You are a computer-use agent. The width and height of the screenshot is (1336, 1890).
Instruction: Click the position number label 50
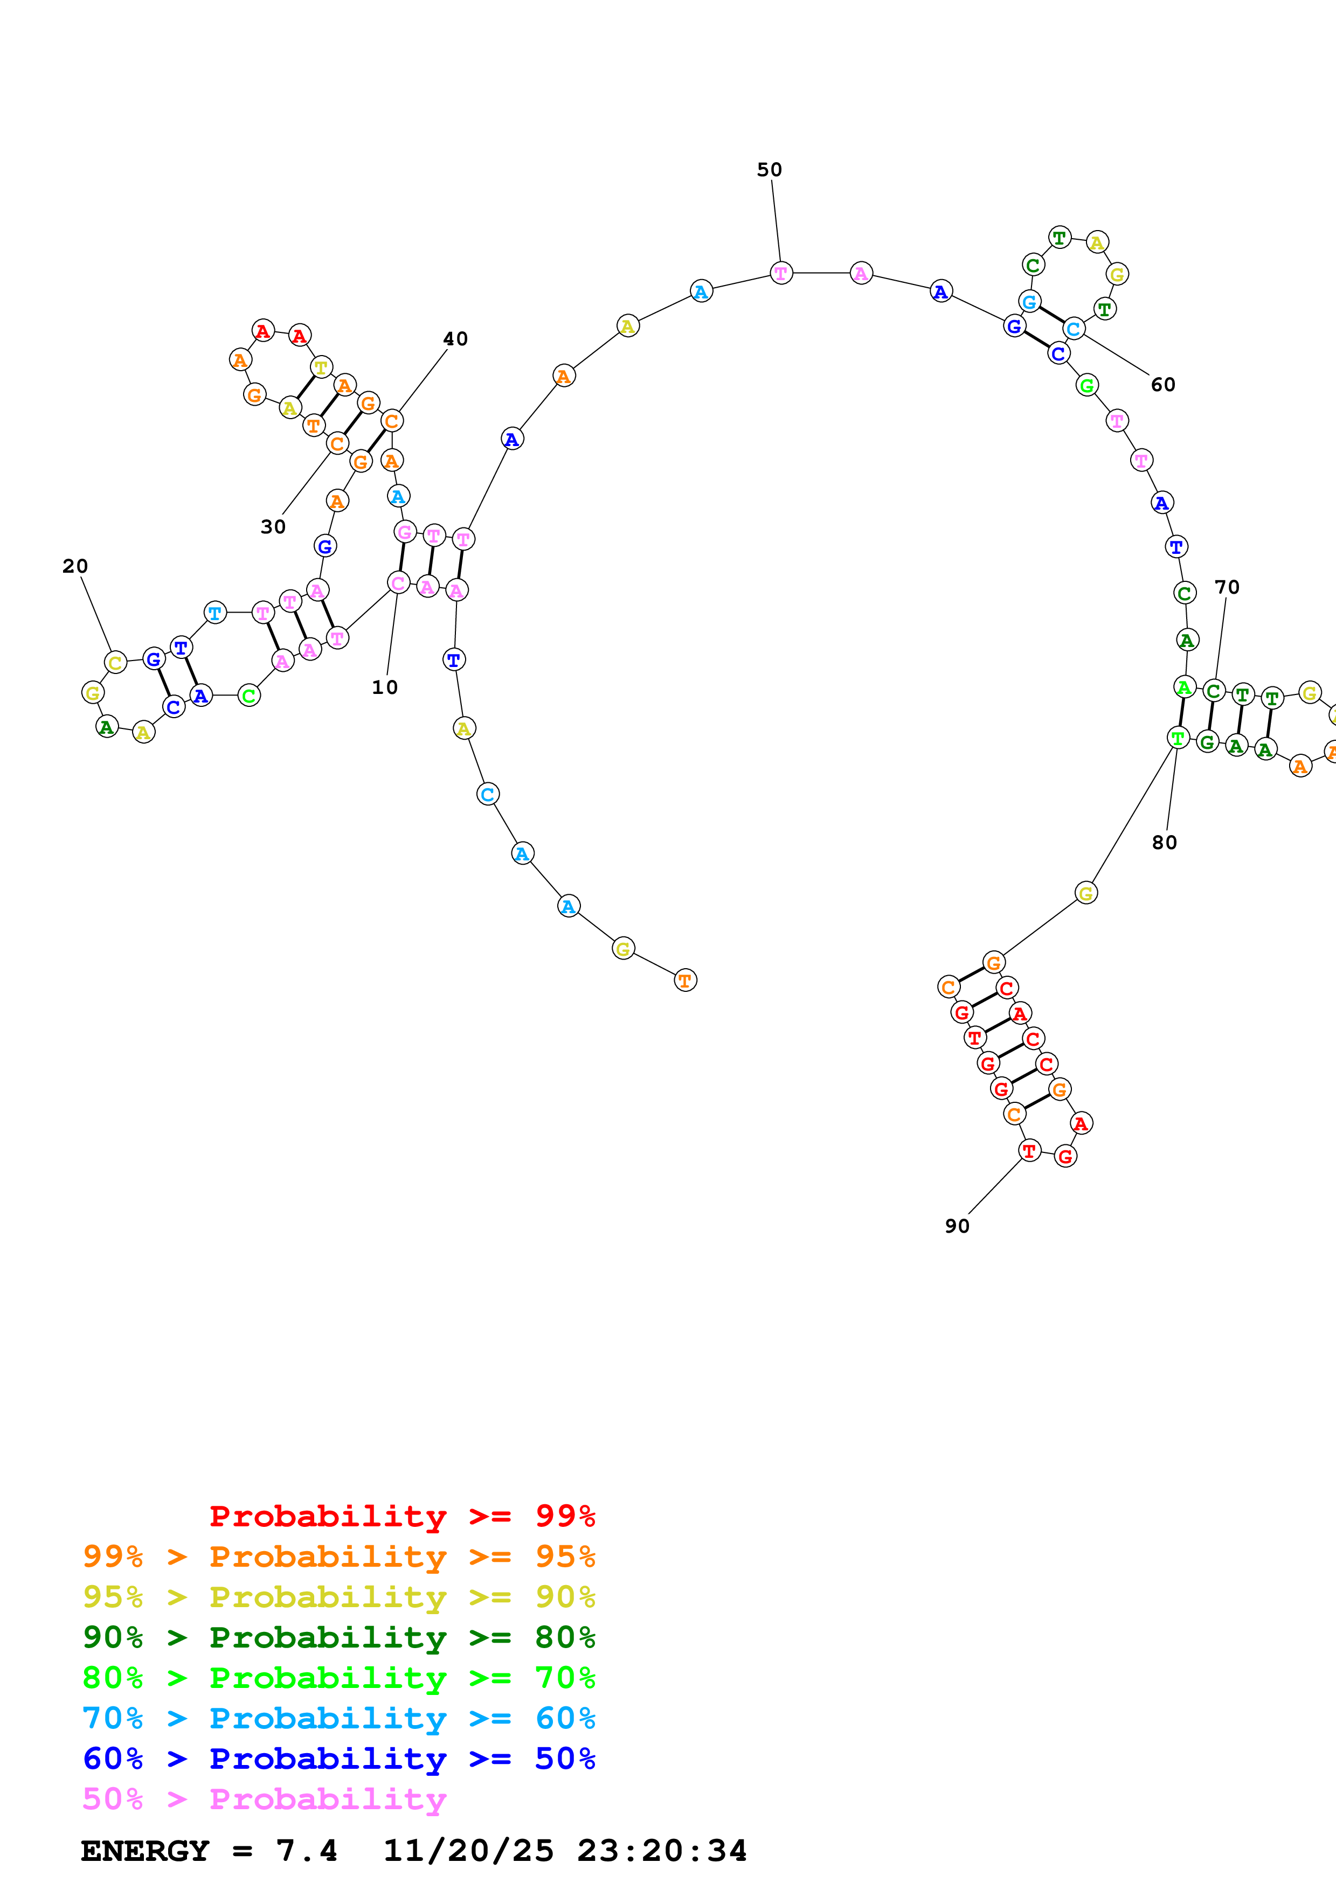(x=769, y=170)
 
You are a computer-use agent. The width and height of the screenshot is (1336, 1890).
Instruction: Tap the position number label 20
(x=75, y=566)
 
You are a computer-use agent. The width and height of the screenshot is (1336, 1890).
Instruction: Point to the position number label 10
(x=384, y=687)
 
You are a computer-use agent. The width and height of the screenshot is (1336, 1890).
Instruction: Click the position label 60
(x=1162, y=385)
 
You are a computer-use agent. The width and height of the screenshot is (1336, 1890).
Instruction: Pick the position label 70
(x=1227, y=587)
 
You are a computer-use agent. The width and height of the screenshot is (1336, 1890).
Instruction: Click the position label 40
(x=455, y=338)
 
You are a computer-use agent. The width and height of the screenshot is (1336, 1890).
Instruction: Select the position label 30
(x=273, y=527)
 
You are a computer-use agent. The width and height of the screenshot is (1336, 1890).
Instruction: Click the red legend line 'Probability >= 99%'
(x=402, y=1516)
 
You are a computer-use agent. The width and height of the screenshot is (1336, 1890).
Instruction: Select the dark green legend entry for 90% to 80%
(x=338, y=1636)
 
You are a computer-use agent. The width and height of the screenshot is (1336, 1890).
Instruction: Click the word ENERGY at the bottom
(x=145, y=1851)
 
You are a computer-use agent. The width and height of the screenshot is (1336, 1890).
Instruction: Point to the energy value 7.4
(x=306, y=1851)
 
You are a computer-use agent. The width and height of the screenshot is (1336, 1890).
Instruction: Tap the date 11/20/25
(x=468, y=1851)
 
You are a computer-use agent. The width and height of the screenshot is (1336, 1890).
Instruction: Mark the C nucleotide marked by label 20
(x=115, y=662)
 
